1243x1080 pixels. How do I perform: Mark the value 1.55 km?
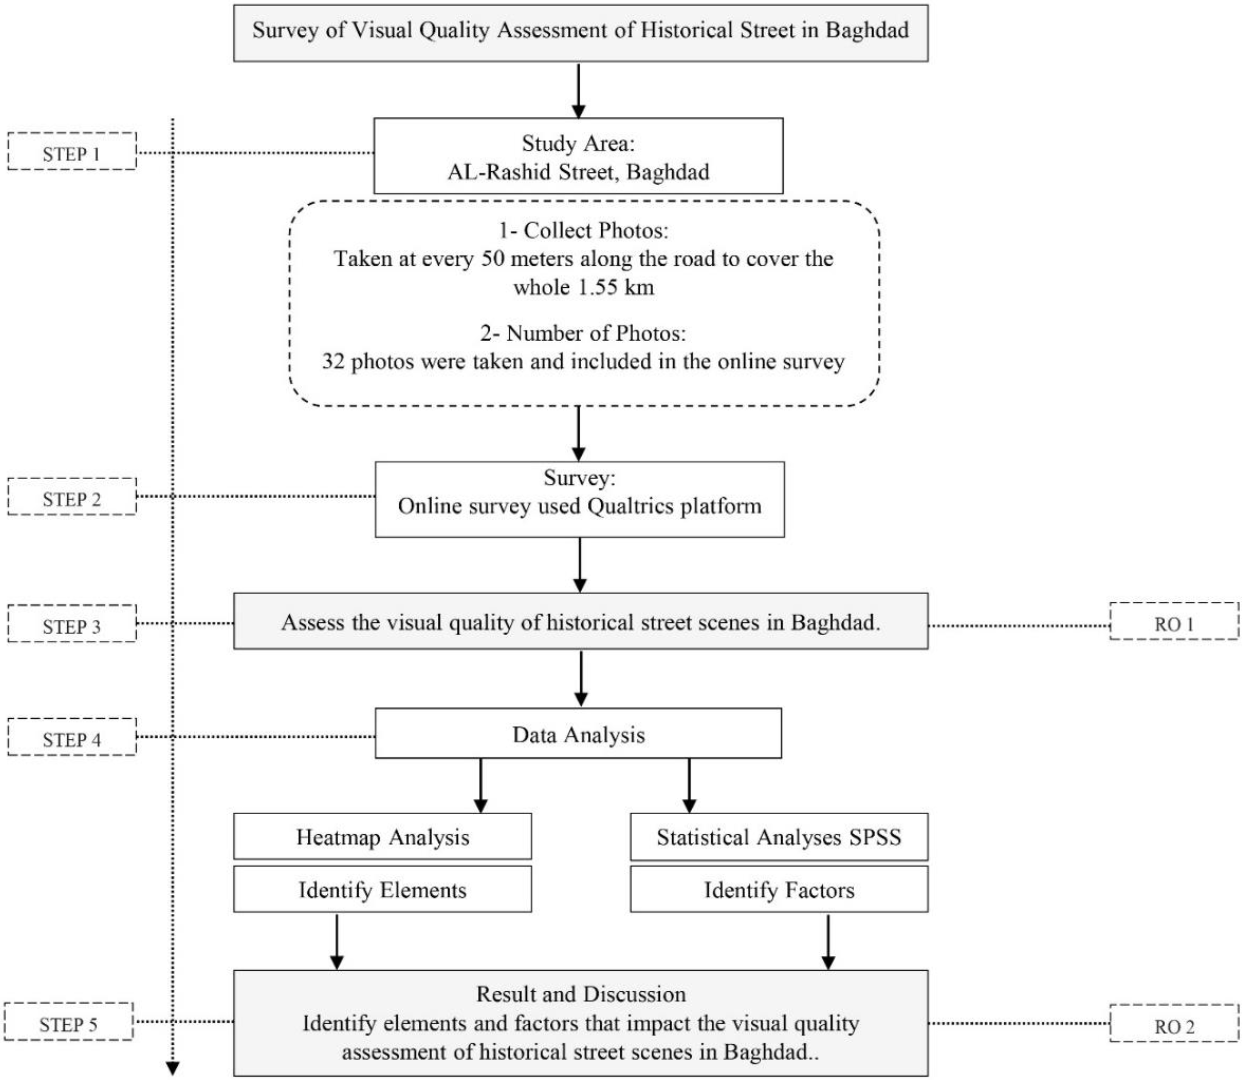(x=615, y=287)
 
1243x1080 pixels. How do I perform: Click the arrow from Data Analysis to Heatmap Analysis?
(x=480, y=786)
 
